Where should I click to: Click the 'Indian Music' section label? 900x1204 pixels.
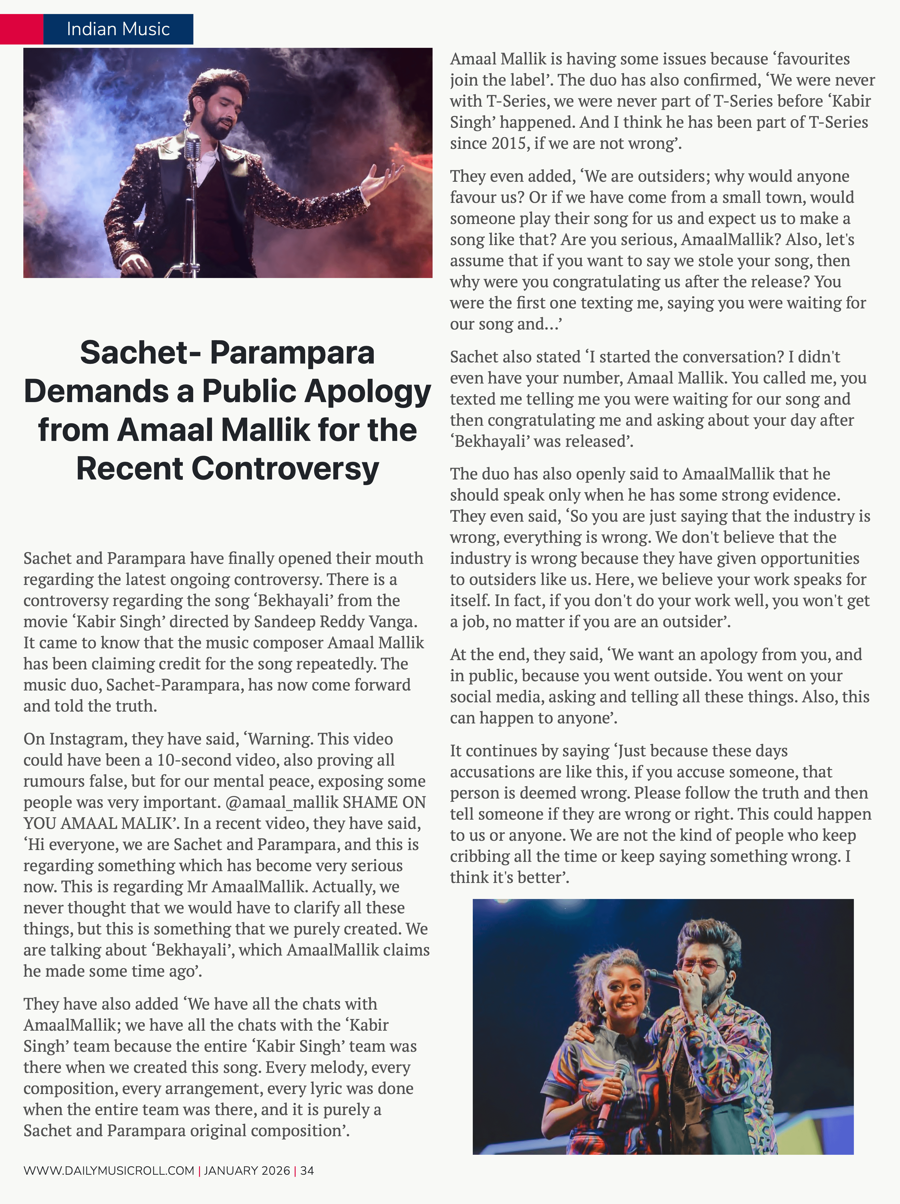click(118, 29)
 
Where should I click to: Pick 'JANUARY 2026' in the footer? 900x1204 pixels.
click(247, 1171)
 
